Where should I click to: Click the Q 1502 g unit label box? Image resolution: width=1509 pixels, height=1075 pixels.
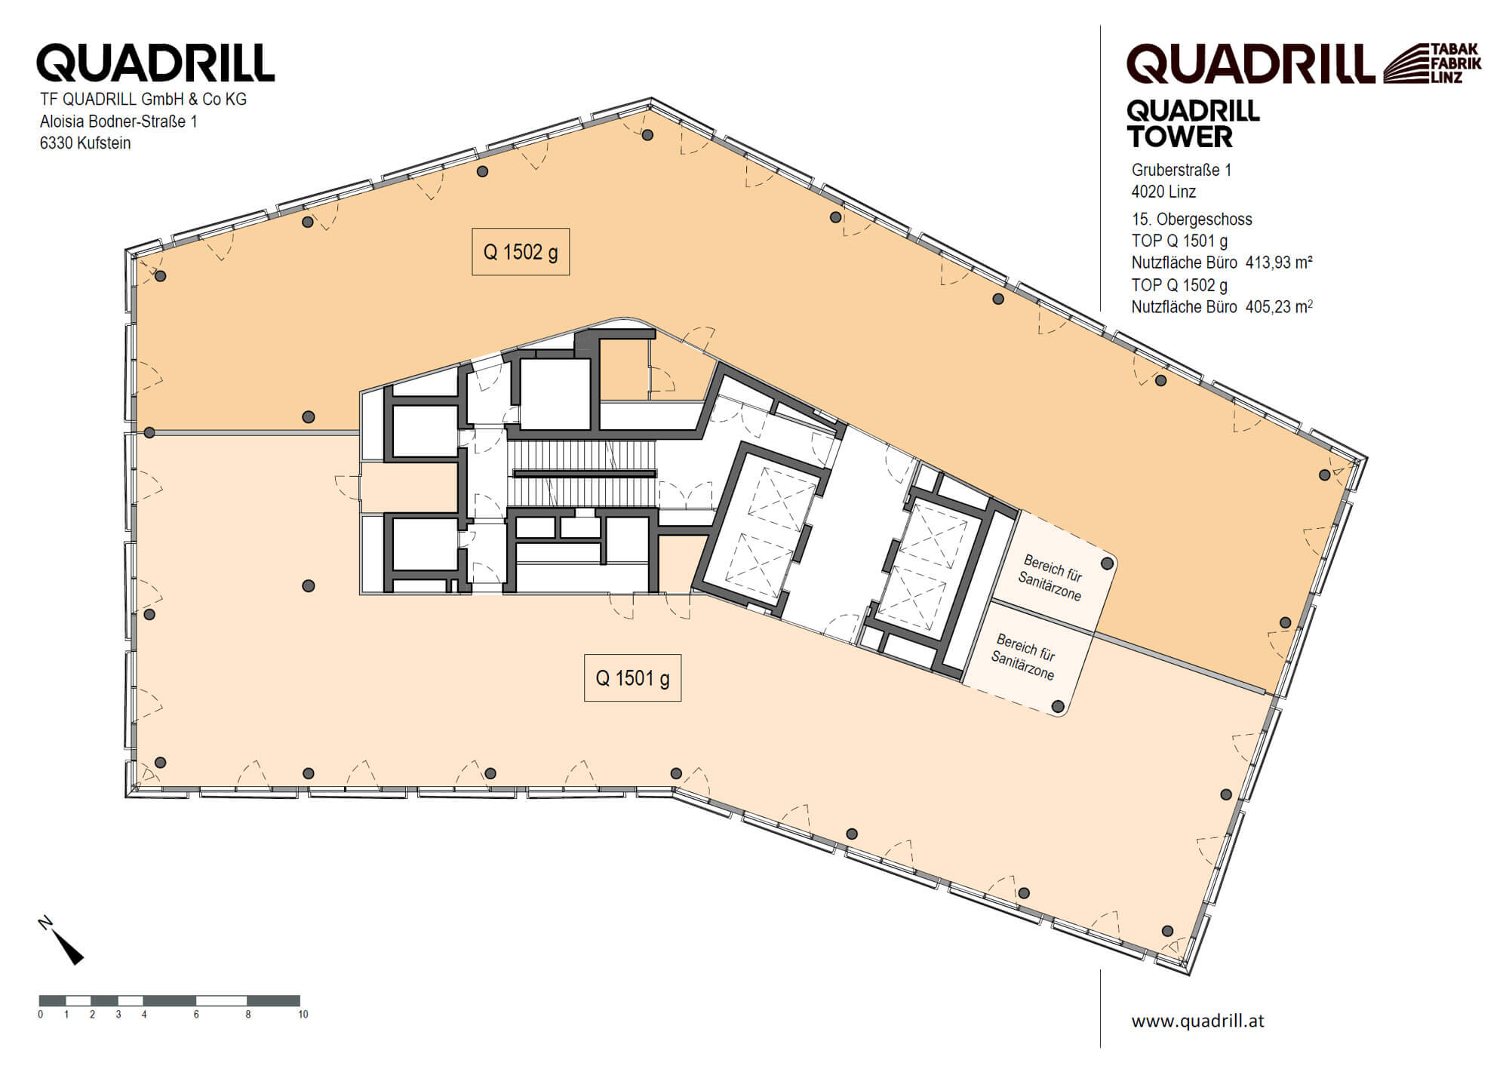[x=521, y=252]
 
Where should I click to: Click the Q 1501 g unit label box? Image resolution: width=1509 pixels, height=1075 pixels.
[x=632, y=678]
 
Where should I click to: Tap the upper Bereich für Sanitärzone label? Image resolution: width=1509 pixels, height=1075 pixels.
[x=1050, y=578]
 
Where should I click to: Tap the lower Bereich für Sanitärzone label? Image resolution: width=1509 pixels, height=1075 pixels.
[x=1024, y=656]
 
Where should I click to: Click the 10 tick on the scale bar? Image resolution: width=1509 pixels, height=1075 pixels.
[x=303, y=1015]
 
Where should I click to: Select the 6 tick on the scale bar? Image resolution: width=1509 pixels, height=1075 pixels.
[x=196, y=1015]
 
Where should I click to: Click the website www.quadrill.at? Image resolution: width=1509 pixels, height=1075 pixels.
[x=1197, y=1021]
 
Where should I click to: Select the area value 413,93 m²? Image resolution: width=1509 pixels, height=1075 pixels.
[x=1279, y=263]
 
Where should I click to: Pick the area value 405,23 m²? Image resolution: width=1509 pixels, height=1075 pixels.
[x=1279, y=307]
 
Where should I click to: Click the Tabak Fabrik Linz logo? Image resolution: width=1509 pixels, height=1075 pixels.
[x=1432, y=63]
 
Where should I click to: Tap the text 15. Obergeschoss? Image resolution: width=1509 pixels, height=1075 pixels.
[x=1191, y=220]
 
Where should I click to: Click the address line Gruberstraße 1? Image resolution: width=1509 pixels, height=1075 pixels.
[x=1181, y=170]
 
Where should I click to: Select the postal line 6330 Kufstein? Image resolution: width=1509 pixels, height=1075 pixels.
[x=85, y=143]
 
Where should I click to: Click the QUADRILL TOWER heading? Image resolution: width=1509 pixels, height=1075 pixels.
[x=1192, y=124]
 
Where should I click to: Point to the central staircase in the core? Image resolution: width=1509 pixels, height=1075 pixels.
[x=582, y=474]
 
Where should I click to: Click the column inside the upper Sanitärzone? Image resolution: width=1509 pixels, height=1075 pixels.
[x=1107, y=564]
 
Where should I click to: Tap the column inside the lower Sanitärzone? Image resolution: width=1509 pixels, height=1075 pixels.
[x=1058, y=707]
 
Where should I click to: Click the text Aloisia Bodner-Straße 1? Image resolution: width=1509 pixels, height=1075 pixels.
[x=118, y=121]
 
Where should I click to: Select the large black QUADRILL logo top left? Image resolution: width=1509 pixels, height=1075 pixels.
[x=155, y=63]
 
